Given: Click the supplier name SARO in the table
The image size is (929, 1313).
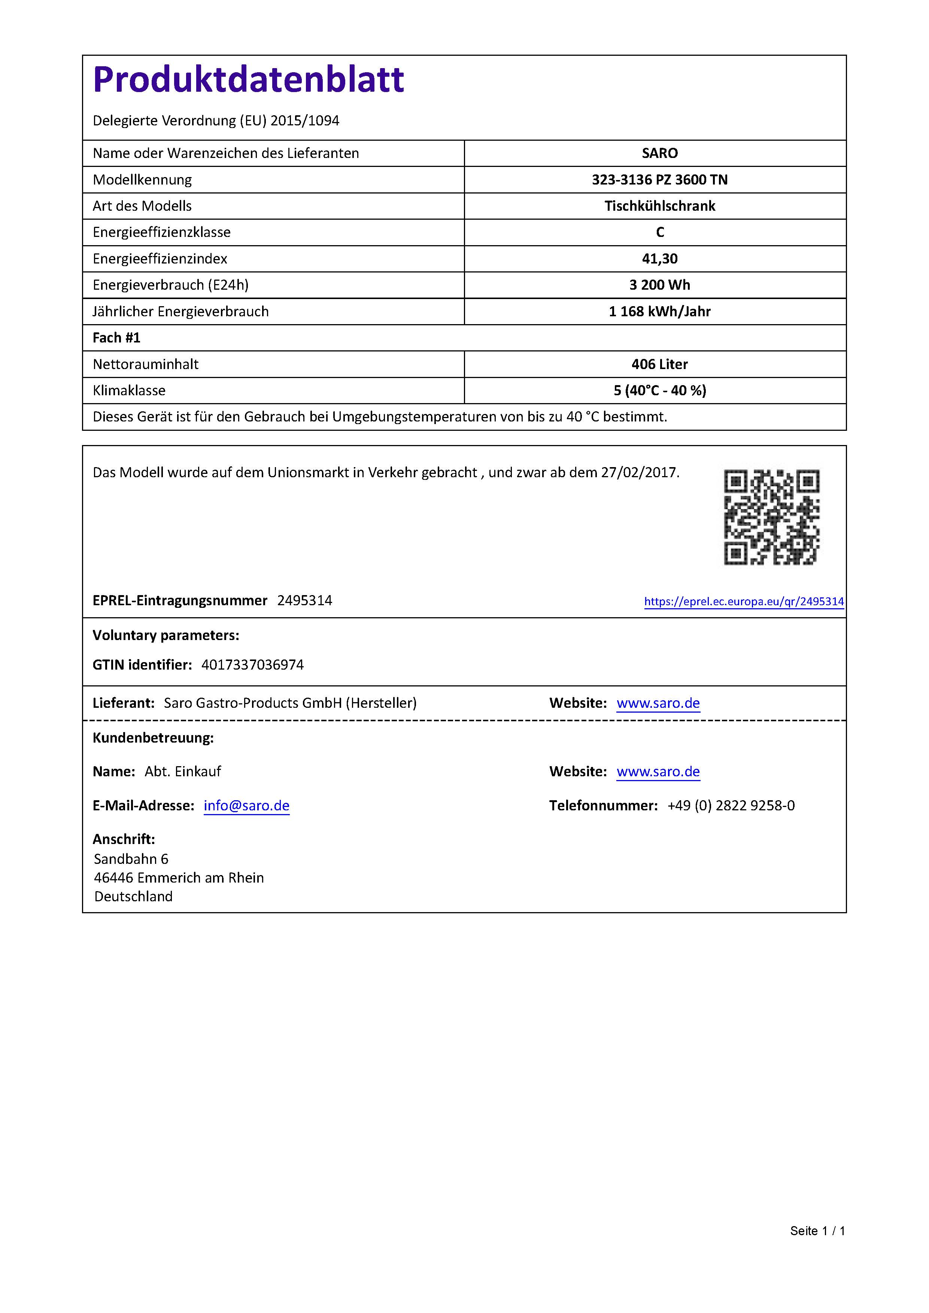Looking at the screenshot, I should point(659,153).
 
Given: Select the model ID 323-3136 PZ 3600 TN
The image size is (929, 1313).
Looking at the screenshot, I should point(659,180).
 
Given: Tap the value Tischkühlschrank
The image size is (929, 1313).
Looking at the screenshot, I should point(659,206).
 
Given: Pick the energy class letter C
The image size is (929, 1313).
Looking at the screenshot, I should point(659,232).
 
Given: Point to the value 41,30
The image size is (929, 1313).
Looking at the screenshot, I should point(659,259).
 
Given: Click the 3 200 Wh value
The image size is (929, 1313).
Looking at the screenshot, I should point(659,285).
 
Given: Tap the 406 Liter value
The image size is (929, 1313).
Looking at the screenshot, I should point(659,364).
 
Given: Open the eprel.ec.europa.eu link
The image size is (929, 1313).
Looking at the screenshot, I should point(744,601).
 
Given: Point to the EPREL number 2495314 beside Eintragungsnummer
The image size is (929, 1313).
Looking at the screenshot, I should point(304,600).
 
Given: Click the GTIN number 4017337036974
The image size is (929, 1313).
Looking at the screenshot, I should point(252,664).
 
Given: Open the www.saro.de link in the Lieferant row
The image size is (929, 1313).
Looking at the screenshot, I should point(658,703).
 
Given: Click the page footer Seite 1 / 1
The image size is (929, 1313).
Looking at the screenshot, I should point(817,1231).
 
